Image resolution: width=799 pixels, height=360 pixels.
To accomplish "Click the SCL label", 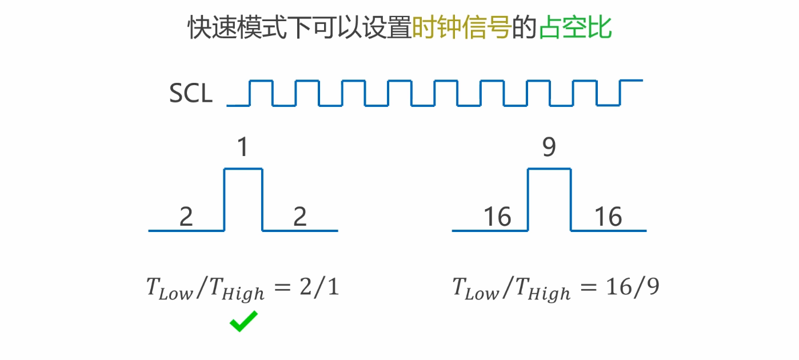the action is pyautogui.click(x=191, y=94).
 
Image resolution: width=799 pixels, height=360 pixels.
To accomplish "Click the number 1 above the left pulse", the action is pyautogui.click(x=243, y=147).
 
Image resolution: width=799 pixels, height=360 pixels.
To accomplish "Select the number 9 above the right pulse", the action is pyautogui.click(x=549, y=147).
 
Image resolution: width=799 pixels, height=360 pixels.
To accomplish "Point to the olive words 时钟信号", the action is pyautogui.click(x=461, y=28).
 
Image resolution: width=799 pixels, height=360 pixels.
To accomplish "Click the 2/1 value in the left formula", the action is pyautogui.click(x=318, y=287).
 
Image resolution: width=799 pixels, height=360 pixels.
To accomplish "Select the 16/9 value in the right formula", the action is pyautogui.click(x=632, y=287).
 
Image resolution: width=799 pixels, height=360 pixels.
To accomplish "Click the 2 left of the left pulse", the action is pyautogui.click(x=186, y=217).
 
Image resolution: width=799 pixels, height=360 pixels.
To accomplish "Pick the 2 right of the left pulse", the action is pyautogui.click(x=299, y=217).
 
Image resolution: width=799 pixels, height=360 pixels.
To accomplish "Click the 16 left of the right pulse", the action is pyautogui.click(x=497, y=217).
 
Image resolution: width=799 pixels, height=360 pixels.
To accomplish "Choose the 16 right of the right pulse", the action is pyautogui.click(x=608, y=217).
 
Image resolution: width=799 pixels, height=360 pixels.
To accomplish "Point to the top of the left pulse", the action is pyautogui.click(x=243, y=169).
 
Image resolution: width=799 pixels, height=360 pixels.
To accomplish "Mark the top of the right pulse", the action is pyautogui.click(x=549, y=169).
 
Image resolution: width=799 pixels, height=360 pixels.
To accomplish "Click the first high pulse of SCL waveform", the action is pyautogui.click(x=262, y=81).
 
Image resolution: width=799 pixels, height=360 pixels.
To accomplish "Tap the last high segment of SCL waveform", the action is pyautogui.click(x=631, y=81).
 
